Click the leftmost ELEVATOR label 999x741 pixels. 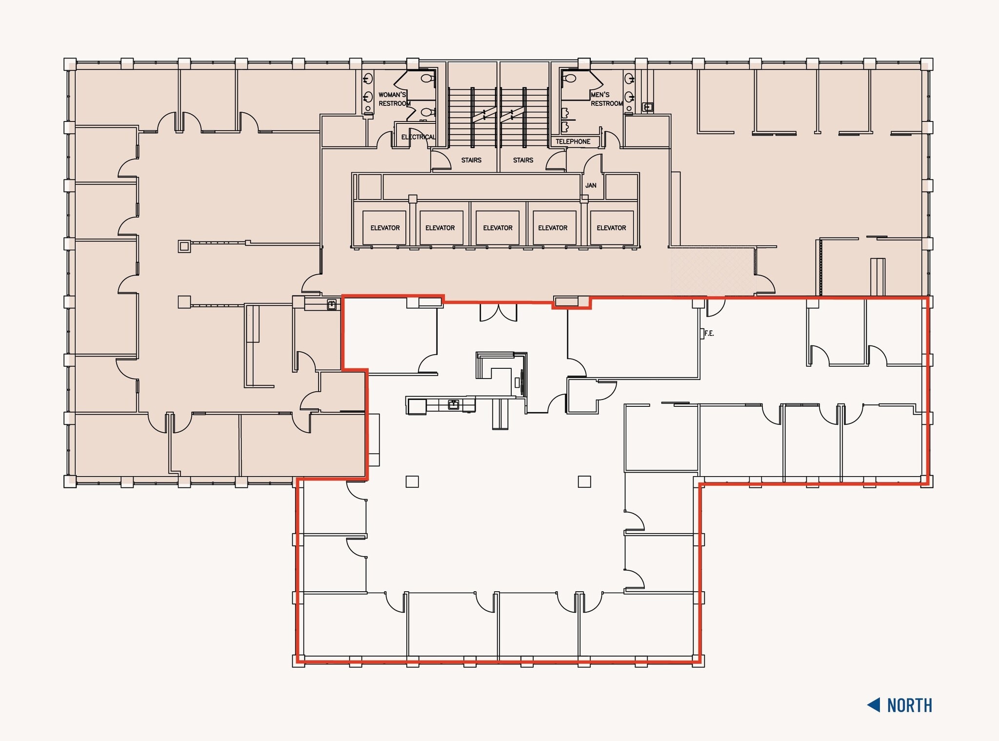coord(385,228)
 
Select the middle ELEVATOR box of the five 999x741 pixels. coord(498,228)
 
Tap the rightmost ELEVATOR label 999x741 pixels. coord(611,228)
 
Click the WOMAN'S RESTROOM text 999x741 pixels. coord(393,99)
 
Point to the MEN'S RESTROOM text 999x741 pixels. coord(606,99)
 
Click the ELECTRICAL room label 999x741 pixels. coord(418,137)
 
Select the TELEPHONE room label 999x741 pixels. coord(573,141)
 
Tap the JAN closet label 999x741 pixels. coord(591,185)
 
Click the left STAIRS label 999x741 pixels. coord(471,160)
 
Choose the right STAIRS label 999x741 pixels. coord(523,160)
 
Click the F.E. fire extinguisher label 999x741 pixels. coord(709,334)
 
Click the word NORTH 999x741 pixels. coord(909,705)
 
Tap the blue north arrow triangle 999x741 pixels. coord(874,705)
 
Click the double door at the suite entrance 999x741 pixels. coord(498,312)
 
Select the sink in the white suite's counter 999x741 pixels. coord(454,404)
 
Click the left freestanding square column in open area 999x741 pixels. coord(412,481)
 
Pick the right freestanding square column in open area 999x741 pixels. coord(584,481)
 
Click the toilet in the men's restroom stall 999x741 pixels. coord(569,78)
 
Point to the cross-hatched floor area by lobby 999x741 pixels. coord(712,271)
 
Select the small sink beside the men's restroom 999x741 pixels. coord(648,107)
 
